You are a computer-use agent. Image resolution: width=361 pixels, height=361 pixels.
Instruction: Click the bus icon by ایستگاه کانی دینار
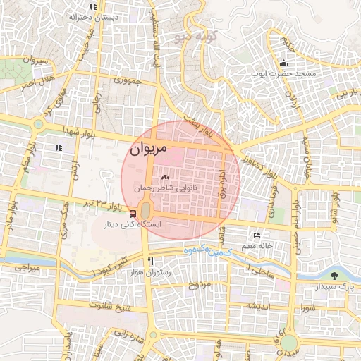134,213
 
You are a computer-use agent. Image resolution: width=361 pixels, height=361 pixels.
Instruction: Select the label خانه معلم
257,246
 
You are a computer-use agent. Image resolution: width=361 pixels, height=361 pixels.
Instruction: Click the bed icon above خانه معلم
257,235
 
